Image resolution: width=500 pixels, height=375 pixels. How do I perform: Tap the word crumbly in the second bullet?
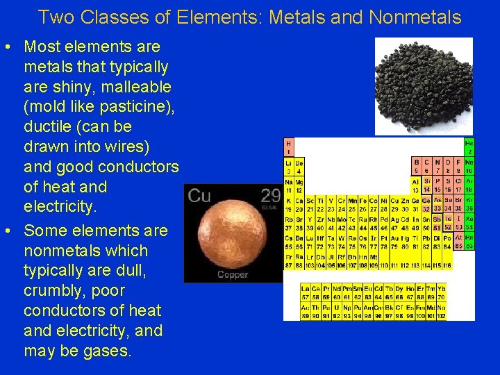[x=54, y=290]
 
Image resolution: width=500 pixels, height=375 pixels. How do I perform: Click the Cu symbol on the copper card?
[x=199, y=196]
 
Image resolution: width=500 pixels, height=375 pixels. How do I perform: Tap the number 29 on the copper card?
[x=270, y=195]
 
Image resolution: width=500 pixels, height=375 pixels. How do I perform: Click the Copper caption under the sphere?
[x=233, y=275]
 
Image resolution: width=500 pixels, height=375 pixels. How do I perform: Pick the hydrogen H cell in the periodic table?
[x=288, y=147]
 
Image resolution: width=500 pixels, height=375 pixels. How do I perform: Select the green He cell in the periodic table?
[x=469, y=147]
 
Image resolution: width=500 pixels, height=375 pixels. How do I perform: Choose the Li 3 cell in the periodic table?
[x=288, y=166]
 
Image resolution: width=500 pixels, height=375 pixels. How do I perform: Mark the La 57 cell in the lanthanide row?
[x=304, y=292]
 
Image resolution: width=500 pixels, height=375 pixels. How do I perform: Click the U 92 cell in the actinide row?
[x=337, y=311]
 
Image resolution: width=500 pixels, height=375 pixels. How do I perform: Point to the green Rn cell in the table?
[x=469, y=241]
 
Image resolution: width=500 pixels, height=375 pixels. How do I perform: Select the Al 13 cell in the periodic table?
[x=417, y=185]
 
